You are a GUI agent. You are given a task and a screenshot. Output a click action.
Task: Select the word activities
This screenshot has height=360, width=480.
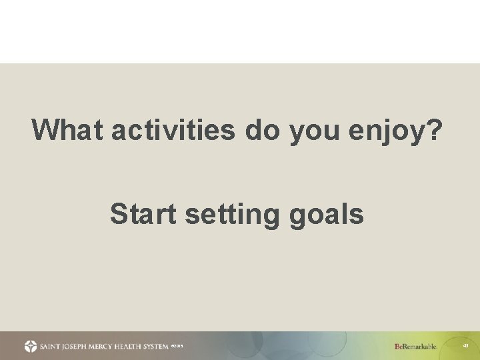pos(173,130)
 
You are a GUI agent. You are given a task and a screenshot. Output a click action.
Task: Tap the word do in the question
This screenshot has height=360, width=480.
pos(263,130)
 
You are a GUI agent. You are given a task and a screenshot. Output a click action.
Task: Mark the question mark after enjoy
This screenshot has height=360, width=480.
pos(434,130)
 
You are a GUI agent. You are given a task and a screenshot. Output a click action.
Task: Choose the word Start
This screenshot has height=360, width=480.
pos(143,215)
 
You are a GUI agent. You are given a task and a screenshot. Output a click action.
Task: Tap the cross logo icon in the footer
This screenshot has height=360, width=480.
pos(31,346)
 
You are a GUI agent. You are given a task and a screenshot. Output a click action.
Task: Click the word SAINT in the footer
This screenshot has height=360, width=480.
pos(51,346)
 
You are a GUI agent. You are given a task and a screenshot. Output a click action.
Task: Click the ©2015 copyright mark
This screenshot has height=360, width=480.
pos(177,346)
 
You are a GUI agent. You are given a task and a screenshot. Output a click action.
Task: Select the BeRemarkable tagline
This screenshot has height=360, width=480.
pos(416,346)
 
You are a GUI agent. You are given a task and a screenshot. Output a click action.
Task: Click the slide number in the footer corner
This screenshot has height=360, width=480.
pos(465,346)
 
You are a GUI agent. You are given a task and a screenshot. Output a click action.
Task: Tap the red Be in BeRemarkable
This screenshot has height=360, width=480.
pos(399,346)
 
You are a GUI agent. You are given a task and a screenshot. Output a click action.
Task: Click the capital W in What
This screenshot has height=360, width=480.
pos(45,130)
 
